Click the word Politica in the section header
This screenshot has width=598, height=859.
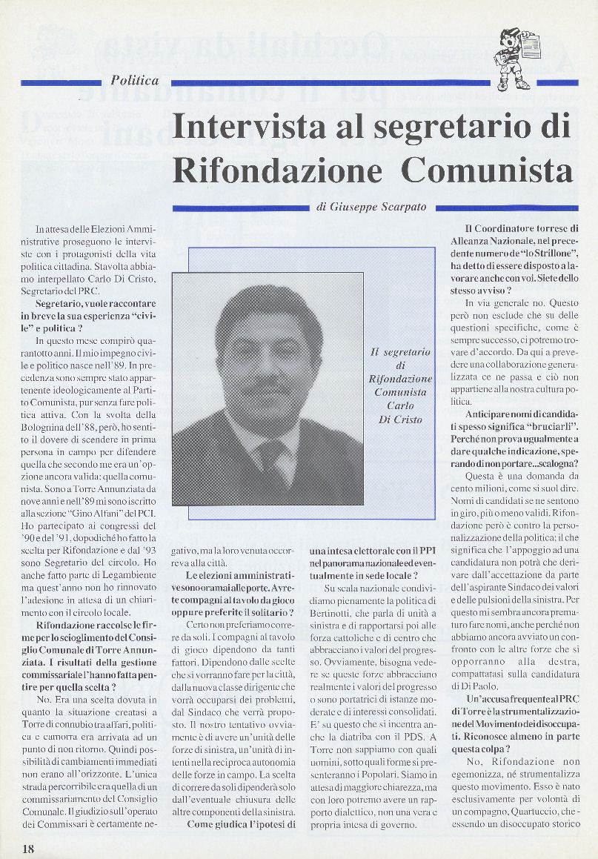[135, 81]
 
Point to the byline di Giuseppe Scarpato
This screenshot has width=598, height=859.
[371, 208]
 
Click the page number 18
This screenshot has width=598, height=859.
[28, 848]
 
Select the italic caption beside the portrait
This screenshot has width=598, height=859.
[400, 385]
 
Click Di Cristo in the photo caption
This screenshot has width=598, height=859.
[400, 419]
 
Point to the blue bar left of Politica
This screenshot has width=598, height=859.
[62, 82]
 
